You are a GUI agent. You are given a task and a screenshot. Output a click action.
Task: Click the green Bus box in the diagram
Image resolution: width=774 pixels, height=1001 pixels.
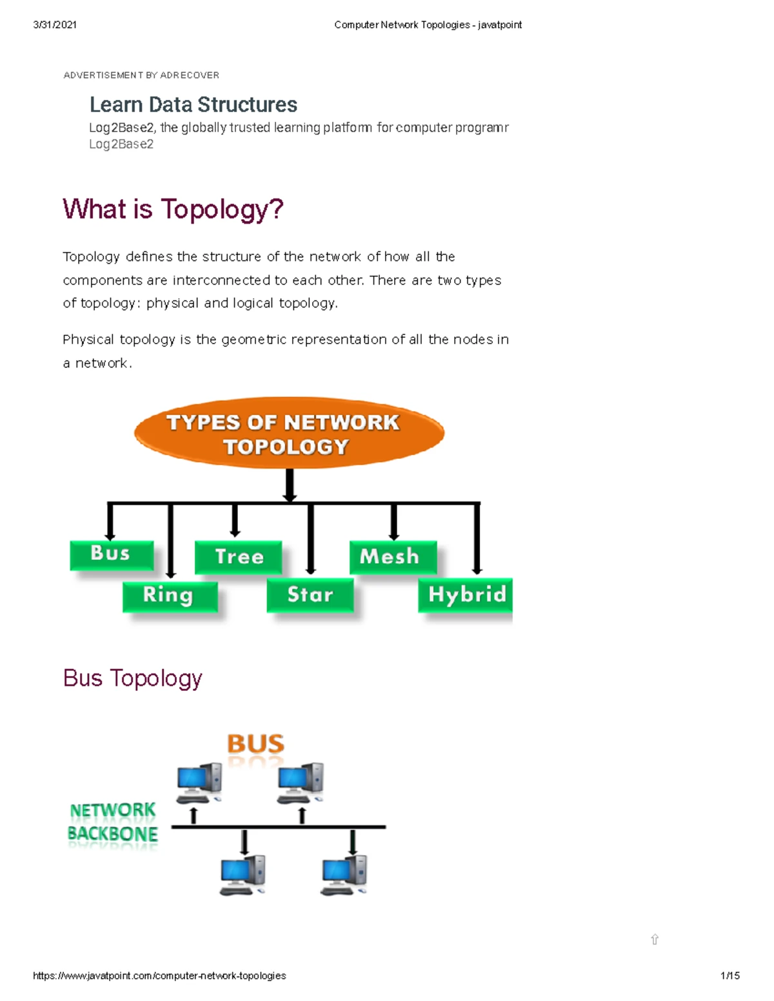111,554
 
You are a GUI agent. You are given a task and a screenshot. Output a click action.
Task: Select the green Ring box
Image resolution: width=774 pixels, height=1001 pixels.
170,596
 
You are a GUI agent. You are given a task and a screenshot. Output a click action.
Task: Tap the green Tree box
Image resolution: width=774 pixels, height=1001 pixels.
239,557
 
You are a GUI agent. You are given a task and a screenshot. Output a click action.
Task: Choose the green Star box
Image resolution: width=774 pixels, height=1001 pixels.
310,594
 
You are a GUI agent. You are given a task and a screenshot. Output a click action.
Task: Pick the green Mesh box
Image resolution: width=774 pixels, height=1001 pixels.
392,556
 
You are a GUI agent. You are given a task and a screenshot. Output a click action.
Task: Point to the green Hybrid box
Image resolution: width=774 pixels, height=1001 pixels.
466,594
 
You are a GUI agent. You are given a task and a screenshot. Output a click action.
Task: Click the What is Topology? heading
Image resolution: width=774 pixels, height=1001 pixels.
173,209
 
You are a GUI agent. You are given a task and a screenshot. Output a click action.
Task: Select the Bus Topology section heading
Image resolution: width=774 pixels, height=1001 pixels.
133,678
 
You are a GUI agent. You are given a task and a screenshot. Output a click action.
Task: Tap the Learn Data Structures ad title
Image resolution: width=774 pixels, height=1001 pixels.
193,104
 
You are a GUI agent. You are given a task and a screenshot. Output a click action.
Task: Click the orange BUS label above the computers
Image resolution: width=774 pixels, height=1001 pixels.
255,744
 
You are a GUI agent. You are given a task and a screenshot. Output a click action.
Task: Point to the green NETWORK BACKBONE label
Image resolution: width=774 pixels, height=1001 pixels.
113,822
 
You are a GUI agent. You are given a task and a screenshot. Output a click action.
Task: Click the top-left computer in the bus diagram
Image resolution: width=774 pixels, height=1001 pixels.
199,782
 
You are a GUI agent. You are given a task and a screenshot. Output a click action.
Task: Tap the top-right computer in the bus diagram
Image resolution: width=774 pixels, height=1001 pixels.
301,782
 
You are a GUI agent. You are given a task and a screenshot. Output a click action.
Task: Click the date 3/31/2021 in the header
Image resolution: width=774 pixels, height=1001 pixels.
55,25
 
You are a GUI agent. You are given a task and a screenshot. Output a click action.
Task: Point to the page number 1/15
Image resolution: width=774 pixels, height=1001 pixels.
729,976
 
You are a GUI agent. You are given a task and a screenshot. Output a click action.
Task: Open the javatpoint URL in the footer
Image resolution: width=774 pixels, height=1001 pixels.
159,976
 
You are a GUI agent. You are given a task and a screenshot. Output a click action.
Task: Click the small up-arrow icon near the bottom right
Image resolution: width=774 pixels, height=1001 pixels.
655,939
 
